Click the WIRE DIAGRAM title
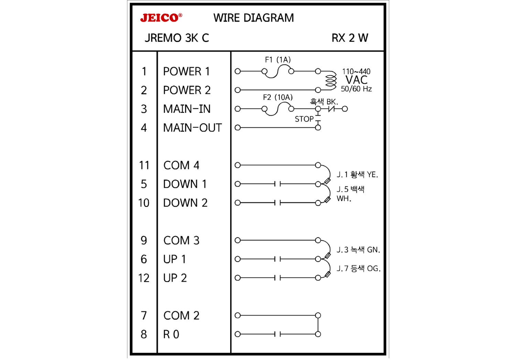[x=254, y=18]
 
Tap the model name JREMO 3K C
[x=177, y=38]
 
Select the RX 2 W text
[x=350, y=38]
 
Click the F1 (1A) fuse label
[x=278, y=60]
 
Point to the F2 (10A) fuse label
[x=278, y=97]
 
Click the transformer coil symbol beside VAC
[x=331, y=80]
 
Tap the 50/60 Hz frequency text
[x=356, y=89]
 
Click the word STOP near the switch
[x=304, y=119]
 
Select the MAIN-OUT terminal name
[x=192, y=128]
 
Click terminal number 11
[x=144, y=166]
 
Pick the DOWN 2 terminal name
[x=185, y=203]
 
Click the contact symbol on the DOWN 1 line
[x=278, y=184]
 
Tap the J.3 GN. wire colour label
[x=358, y=250]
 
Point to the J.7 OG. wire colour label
[x=358, y=268]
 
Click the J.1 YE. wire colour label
[x=357, y=175]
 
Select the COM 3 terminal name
[x=181, y=241]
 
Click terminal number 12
[x=144, y=278]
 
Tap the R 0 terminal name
[x=171, y=335]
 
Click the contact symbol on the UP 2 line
[x=278, y=278]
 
